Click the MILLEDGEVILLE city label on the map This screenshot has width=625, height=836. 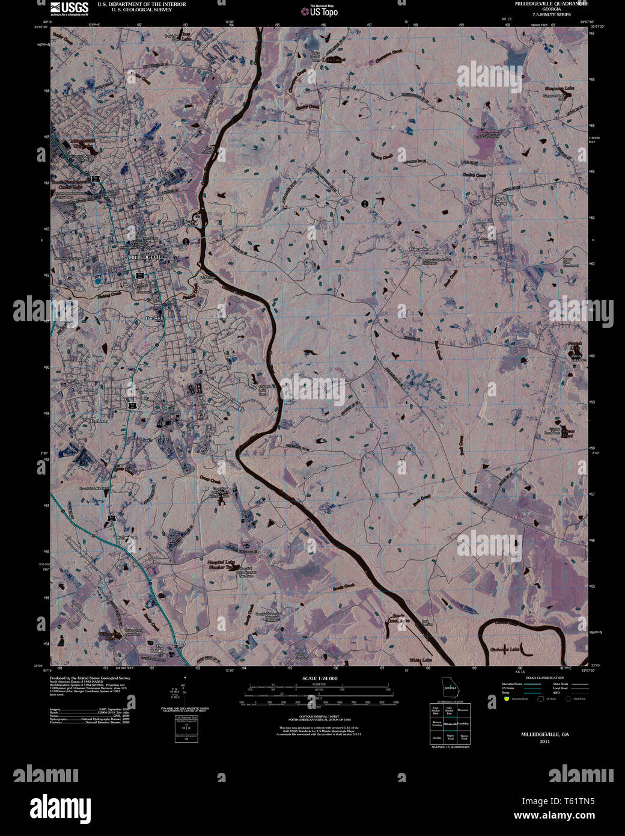click(147, 257)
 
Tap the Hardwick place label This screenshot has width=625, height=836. click(154, 318)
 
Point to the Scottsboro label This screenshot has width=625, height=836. click(127, 537)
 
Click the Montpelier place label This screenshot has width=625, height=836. click(419, 249)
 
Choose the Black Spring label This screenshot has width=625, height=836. click(499, 200)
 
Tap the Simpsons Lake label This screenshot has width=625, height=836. click(559, 88)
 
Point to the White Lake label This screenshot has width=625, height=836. click(421, 660)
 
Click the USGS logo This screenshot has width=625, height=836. click(69, 8)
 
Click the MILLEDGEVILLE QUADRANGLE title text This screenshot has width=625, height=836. click(551, 4)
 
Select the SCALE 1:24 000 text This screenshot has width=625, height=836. click(321, 678)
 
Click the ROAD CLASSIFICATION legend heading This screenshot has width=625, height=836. click(544, 678)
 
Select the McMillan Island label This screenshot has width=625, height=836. click(207, 279)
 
